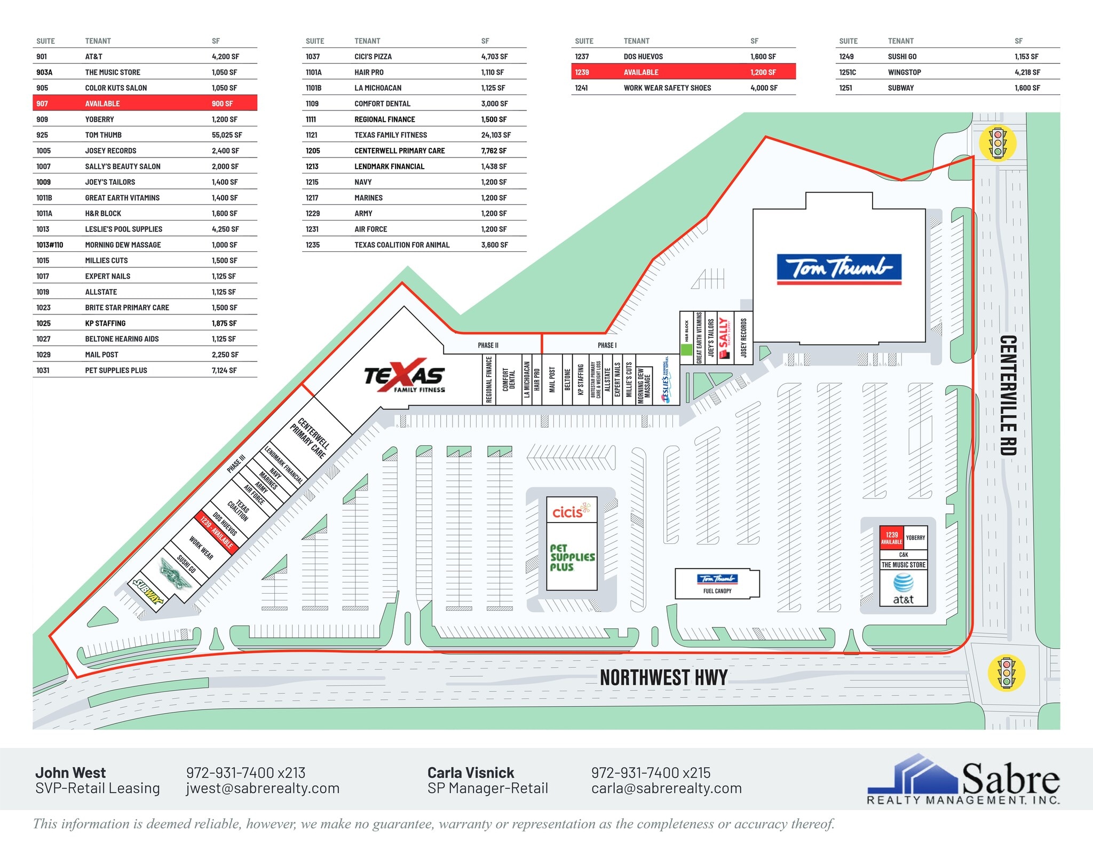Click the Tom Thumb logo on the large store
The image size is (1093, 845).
pos(838,268)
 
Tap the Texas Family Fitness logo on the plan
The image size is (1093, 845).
pos(405,376)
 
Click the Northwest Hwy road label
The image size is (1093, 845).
pos(663,677)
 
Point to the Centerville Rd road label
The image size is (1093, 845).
pos(1008,395)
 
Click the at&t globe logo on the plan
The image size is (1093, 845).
pos(903,582)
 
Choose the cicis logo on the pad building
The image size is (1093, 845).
pos(572,511)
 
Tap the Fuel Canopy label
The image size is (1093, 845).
pos(717,591)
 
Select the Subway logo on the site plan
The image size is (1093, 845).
pos(148,591)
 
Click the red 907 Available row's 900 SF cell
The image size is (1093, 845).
pos(222,104)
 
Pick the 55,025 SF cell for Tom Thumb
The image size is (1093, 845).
pos(226,135)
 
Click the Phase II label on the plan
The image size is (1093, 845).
pos(488,345)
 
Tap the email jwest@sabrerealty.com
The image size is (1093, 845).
pos(263,788)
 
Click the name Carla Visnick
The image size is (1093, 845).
pos(470,772)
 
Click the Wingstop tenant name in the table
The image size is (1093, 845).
pos(904,72)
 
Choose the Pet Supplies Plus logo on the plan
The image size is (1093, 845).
pos(572,557)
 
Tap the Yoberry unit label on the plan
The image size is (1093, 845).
pos(915,538)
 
